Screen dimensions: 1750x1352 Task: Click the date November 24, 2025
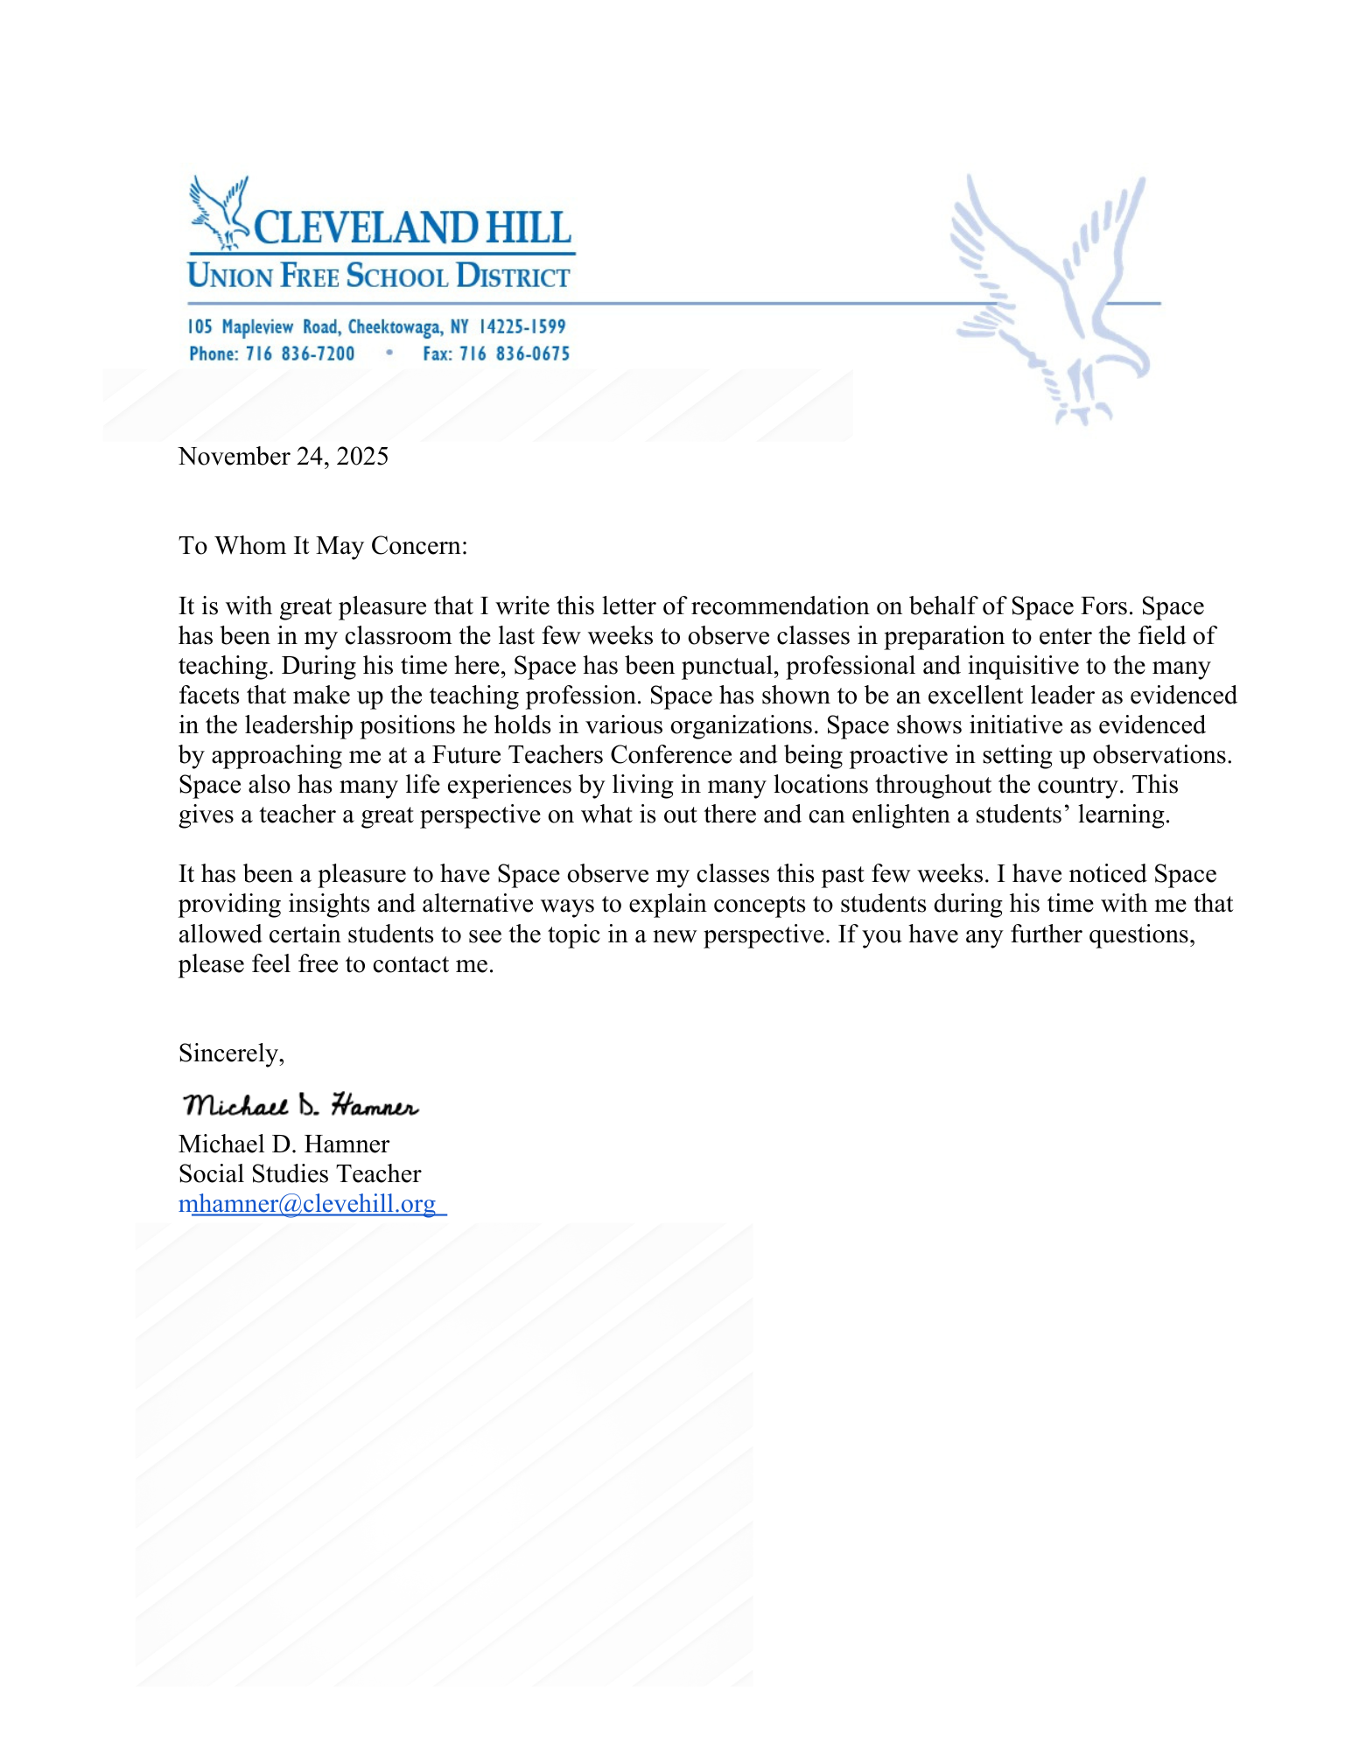pos(284,457)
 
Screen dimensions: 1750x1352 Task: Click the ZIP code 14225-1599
pos(522,327)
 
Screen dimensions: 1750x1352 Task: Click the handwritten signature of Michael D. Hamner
pos(301,1105)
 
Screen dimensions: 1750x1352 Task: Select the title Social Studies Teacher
pos(299,1174)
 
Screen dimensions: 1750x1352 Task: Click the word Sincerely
pos(231,1053)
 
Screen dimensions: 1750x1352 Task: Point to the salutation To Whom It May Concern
pos(323,546)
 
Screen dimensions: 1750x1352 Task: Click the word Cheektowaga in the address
pos(395,327)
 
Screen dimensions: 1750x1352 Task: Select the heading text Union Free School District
pos(379,276)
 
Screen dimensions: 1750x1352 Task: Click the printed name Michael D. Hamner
pos(284,1144)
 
